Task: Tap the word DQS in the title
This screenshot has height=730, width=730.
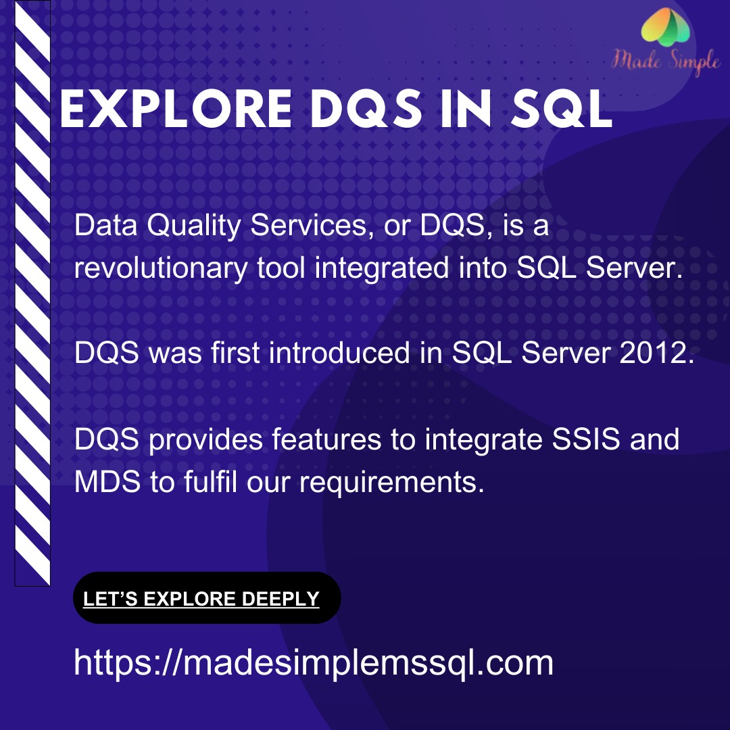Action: coord(366,109)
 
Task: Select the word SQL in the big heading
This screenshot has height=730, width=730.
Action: coord(561,109)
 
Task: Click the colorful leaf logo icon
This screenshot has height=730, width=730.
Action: coord(666,27)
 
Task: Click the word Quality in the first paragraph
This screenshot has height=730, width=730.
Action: coord(194,226)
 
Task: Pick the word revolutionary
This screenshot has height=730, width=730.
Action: coord(161,269)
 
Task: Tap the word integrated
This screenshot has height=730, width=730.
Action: coord(382,269)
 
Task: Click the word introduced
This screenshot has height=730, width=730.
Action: coord(339,352)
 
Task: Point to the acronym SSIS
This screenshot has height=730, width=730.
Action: coord(585,439)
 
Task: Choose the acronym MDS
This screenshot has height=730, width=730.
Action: coord(107,481)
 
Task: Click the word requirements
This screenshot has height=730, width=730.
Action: coord(392,483)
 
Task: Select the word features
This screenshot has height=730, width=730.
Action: coord(327,439)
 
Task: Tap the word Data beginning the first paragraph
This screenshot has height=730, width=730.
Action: coord(105,225)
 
